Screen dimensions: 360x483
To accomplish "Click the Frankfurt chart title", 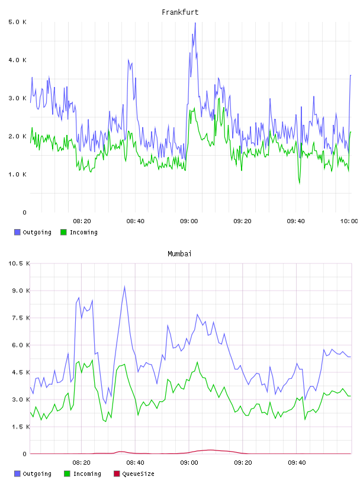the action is click(180, 12).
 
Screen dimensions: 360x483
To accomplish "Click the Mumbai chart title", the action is click(179, 254).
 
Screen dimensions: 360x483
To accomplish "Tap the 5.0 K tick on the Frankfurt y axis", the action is click(17, 22).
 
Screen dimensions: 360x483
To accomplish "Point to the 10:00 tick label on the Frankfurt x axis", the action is click(349, 221).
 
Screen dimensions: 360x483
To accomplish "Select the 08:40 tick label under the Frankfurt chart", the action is click(136, 221).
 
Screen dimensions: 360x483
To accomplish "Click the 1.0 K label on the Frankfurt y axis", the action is click(17, 175).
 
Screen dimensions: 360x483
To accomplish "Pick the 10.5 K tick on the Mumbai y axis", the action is click(19, 263).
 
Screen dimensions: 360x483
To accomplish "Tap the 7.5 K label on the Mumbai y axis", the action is click(21, 318).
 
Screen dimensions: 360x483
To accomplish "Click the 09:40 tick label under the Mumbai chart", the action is click(297, 462).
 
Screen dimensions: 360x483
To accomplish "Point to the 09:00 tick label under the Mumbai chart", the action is click(189, 462).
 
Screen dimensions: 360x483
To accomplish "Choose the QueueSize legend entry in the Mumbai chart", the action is click(134, 474).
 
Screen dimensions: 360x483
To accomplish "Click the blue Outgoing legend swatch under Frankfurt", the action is click(17, 232).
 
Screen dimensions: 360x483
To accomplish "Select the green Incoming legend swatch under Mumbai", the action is click(67, 474).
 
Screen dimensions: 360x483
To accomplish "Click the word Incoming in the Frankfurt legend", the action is click(83, 233).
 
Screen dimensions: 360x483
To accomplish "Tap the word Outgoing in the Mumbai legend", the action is click(37, 474).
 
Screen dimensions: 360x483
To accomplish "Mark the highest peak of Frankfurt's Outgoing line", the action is click(195, 22).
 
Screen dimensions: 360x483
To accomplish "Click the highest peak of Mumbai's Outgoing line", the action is click(124, 286).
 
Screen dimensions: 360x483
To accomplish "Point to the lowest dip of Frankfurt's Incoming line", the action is click(299, 183).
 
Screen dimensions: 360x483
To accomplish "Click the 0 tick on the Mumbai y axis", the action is click(25, 454).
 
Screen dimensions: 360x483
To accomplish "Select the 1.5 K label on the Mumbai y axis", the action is click(21, 427).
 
